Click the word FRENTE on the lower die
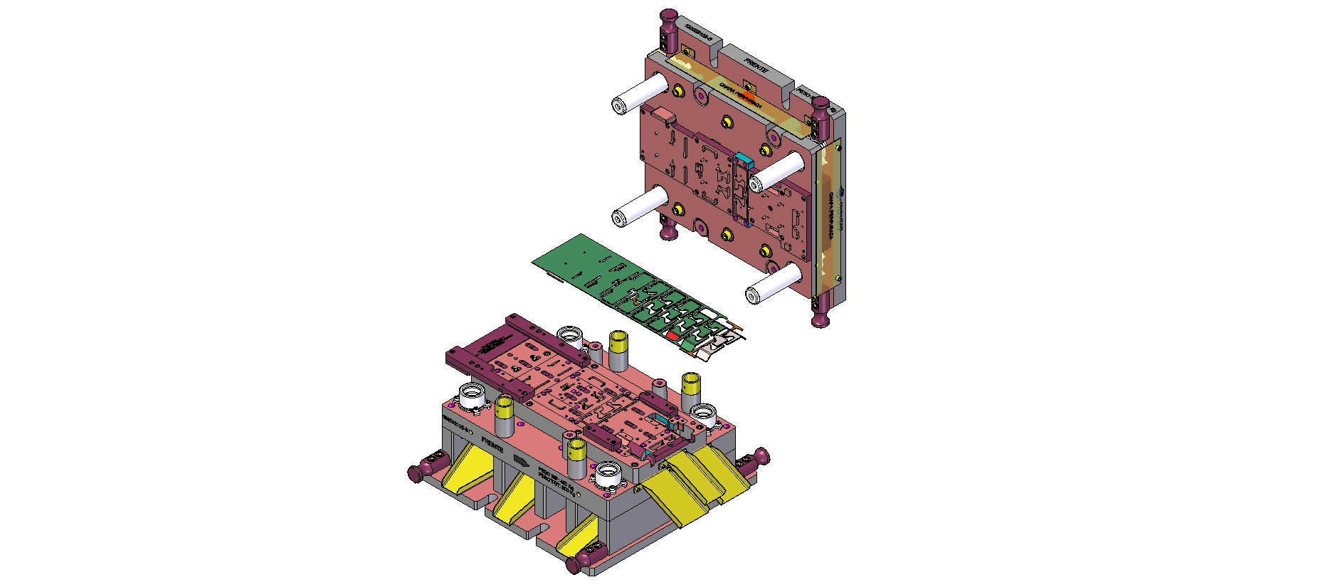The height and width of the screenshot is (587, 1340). pyautogui.click(x=492, y=446)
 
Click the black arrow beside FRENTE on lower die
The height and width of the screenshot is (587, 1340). pyautogui.click(x=521, y=460)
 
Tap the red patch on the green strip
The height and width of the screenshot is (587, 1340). pyautogui.click(x=672, y=334)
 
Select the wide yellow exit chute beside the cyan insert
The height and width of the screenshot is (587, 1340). pyautogui.click(x=694, y=484)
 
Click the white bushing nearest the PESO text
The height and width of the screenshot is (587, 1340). pyautogui.click(x=610, y=474)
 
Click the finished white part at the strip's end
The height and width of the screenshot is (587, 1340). pyautogui.click(x=719, y=346)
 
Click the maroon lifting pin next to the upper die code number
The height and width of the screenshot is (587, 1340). pyautogui.click(x=669, y=28)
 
